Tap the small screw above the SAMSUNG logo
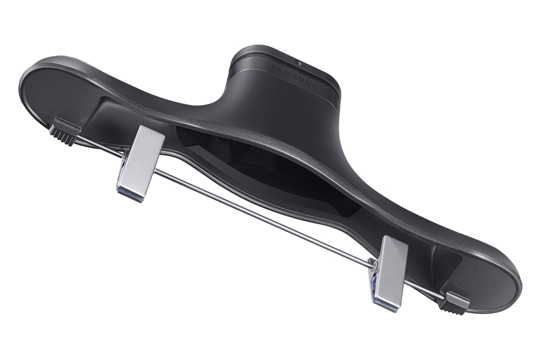[300, 64]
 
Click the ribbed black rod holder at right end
[454, 303]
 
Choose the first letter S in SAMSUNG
[274, 67]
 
